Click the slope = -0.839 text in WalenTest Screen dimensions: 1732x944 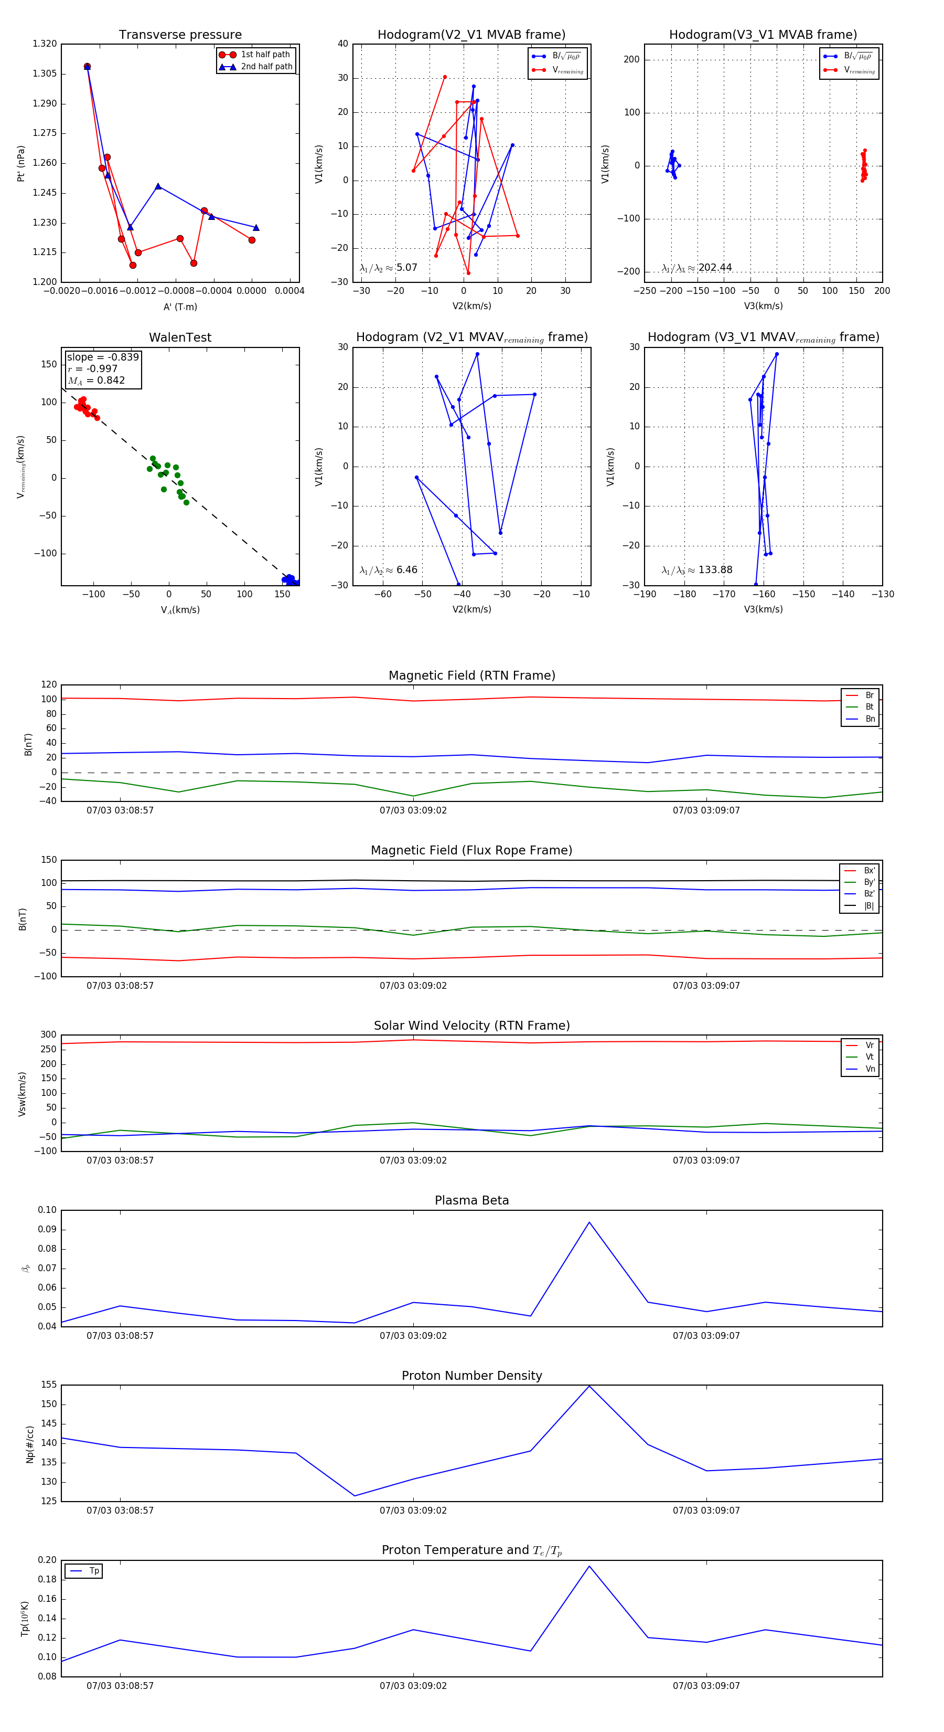pyautogui.click(x=103, y=357)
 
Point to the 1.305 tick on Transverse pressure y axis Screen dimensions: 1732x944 pyautogui.click(x=45, y=73)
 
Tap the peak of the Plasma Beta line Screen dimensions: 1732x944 pyautogui.click(x=589, y=1222)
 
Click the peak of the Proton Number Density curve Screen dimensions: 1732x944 pyautogui.click(x=589, y=1386)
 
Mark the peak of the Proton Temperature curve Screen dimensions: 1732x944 pyautogui.click(x=589, y=1567)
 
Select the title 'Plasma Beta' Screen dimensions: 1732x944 pyautogui.click(x=471, y=1200)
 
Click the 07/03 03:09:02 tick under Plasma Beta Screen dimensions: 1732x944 pyautogui.click(x=413, y=1335)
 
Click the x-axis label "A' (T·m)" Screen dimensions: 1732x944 pyautogui.click(x=180, y=307)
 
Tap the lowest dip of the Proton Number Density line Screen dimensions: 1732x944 pyautogui.click(x=355, y=1496)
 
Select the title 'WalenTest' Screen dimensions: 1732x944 pyautogui.click(x=180, y=337)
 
